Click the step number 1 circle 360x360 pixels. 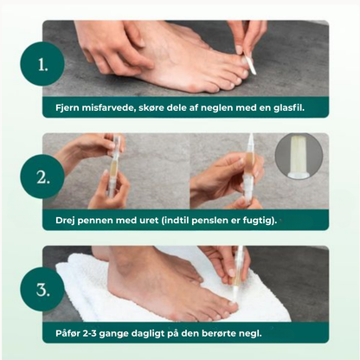(x=43, y=63)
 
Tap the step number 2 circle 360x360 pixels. (x=43, y=177)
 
